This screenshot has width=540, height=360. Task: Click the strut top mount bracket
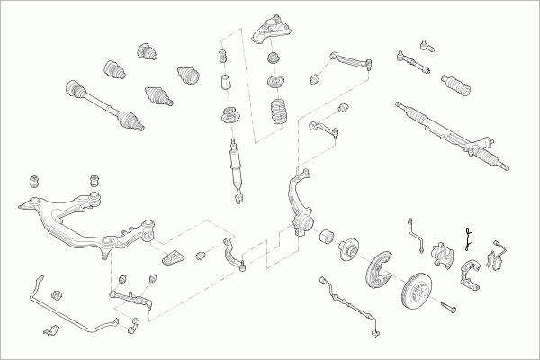[x=274, y=30]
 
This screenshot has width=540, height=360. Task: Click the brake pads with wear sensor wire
[x=497, y=258]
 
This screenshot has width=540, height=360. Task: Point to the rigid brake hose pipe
[x=416, y=229]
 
